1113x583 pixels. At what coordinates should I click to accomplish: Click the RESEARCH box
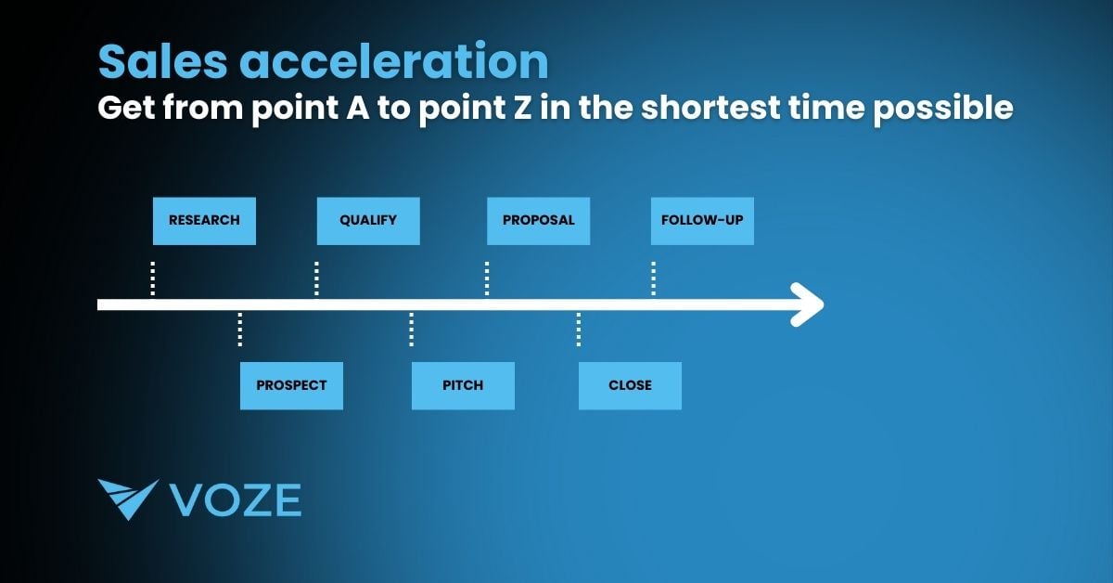(x=204, y=221)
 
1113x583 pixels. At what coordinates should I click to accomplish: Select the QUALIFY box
(x=368, y=221)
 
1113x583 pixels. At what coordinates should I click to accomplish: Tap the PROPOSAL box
(x=538, y=221)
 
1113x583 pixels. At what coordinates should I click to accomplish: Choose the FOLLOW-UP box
(x=702, y=221)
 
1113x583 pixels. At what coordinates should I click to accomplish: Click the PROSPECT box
(x=291, y=385)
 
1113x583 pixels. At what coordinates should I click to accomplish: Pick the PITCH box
(x=463, y=385)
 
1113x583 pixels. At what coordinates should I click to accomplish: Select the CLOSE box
(x=630, y=385)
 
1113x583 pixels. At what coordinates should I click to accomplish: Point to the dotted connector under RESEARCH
(x=153, y=279)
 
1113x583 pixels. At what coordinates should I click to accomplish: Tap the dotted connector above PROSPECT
(x=240, y=330)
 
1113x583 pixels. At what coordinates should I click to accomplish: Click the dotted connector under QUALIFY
(x=317, y=279)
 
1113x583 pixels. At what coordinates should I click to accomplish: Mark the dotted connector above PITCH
(x=412, y=330)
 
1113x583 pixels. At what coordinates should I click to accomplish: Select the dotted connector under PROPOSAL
(x=488, y=279)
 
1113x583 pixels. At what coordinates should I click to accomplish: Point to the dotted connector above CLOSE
(x=579, y=330)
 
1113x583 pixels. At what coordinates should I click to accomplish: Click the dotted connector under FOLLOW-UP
(x=654, y=279)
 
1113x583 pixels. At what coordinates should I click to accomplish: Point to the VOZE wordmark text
(x=236, y=499)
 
